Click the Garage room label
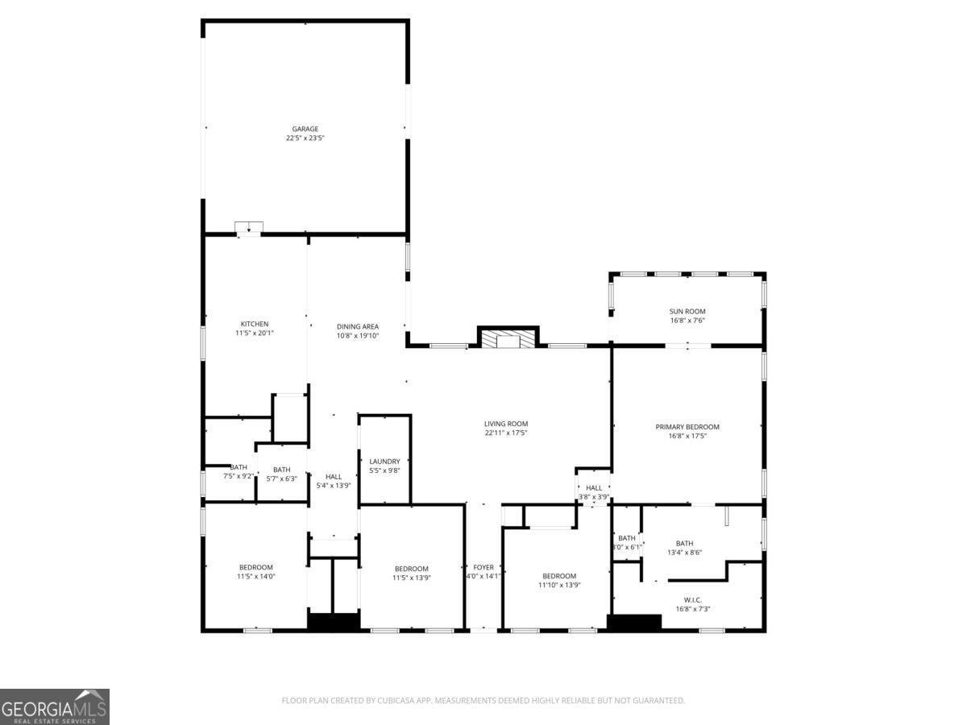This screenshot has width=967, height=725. tap(305, 129)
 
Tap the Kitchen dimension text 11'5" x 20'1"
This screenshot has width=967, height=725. tap(255, 333)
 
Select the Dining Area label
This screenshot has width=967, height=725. tap(358, 326)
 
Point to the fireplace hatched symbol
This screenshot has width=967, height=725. tap(508, 339)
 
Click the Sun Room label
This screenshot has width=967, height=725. tap(687, 311)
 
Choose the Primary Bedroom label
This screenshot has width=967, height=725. tap(687, 427)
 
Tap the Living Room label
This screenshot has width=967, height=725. tap(506, 424)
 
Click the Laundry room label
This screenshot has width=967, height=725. tap(384, 462)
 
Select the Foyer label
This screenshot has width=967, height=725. tap(483, 567)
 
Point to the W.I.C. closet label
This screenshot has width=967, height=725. tap(692, 599)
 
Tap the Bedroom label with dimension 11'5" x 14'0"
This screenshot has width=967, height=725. tap(255, 567)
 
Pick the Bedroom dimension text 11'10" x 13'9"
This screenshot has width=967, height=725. tap(559, 585)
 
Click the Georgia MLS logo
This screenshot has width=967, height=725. tap(54, 706)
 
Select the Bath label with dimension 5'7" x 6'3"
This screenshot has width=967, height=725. tap(281, 470)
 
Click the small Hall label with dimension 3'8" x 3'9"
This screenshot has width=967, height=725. tap(594, 487)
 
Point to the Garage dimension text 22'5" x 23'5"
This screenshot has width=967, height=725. tap(305, 138)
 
